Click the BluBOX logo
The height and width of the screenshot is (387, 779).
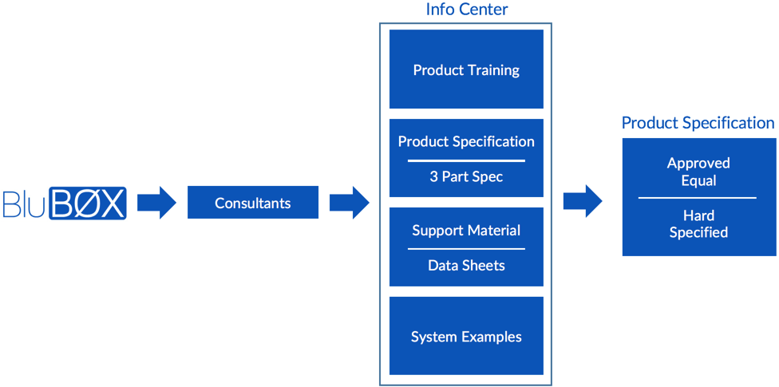tap(65, 203)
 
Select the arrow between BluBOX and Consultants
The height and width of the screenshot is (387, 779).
tap(156, 203)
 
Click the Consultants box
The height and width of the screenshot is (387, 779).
tap(252, 203)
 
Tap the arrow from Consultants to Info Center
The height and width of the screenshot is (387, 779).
tap(349, 203)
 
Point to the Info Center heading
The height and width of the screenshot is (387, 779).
tap(466, 10)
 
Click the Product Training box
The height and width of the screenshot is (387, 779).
tap(466, 69)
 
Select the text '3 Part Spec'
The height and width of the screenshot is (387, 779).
tap(466, 176)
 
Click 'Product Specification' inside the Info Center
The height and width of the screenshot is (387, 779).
tap(466, 141)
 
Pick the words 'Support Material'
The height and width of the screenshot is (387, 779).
tap(466, 231)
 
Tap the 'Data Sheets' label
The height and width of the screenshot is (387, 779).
tap(466, 265)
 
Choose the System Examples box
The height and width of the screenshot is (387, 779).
tap(466, 336)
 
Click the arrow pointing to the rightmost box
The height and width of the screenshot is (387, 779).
tap(583, 201)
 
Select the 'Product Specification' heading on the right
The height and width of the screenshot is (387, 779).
tap(698, 123)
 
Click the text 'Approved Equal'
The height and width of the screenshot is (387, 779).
tap(698, 172)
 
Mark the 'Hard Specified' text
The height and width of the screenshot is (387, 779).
tap(698, 223)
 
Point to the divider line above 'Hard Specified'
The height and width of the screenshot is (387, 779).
tap(698, 198)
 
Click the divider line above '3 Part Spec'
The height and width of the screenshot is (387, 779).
tap(466, 160)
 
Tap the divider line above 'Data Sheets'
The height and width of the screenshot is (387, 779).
tap(466, 249)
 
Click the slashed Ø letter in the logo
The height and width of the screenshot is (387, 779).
tap(89, 204)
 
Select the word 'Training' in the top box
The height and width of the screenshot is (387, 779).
tap(493, 70)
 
